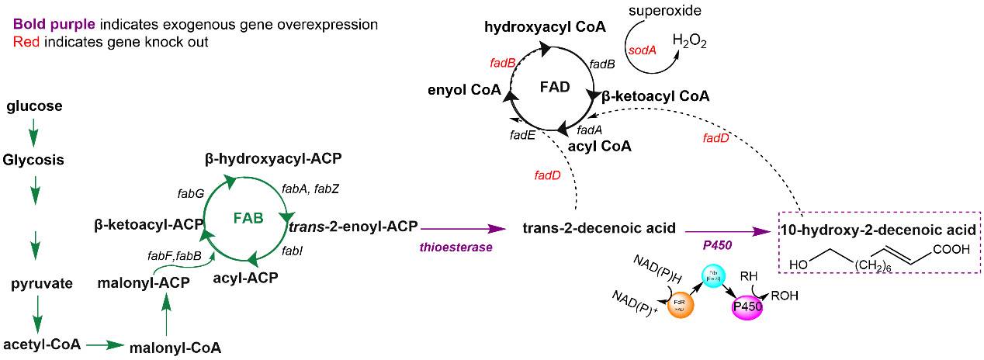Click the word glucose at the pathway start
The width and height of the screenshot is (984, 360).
pos(34,106)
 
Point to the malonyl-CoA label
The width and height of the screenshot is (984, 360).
pos(175,348)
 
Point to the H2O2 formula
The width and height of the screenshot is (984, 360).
pos(691,41)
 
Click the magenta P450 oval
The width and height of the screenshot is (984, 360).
pos(747,306)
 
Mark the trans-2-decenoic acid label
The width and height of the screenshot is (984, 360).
pos(599,229)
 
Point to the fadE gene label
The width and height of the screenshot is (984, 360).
pos(521,135)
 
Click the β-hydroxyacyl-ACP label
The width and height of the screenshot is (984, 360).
pos(273,159)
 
